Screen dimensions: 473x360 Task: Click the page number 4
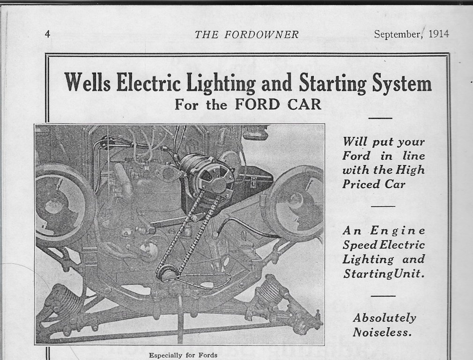[47, 34]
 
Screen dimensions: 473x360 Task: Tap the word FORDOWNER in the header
[261, 34]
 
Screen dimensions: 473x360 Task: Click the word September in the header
[397, 34]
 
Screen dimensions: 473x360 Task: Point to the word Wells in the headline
[87, 83]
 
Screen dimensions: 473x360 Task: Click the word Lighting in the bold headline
[221, 83]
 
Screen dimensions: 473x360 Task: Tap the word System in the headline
[402, 83]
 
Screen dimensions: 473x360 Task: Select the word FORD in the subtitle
[258, 104]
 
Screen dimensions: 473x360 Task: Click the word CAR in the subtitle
[304, 104]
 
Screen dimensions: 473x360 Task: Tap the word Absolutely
[384, 318]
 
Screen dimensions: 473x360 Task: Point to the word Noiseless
[383, 332]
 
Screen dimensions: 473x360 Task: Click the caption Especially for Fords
[183, 355]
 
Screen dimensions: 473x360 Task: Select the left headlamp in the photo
[63, 206]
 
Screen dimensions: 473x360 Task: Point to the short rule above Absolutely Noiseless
[383, 296]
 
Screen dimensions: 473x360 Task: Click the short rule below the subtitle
[380, 118]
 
